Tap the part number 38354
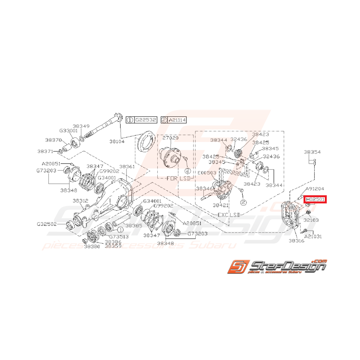(312, 152)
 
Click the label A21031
(313, 236)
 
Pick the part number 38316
(296, 241)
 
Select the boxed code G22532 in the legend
(145, 120)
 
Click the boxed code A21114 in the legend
(177, 120)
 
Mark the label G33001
(68, 131)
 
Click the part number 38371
(45, 151)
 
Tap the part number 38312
(81, 201)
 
